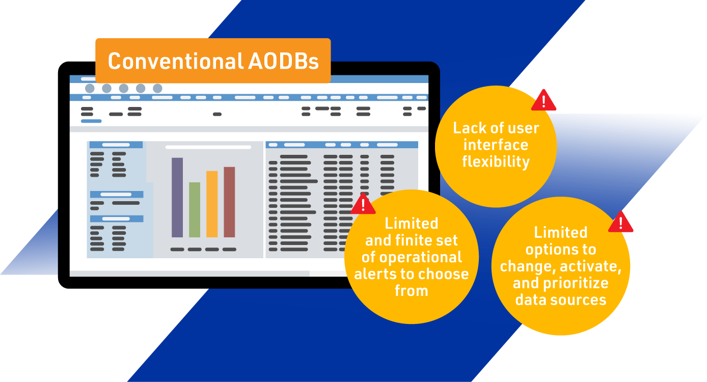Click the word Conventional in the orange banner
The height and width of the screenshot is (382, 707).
(x=176, y=61)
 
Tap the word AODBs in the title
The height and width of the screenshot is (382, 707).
(x=283, y=61)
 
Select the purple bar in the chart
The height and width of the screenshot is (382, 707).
(x=177, y=197)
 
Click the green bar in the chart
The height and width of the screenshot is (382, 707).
(x=195, y=210)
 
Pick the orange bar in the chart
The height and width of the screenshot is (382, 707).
(x=212, y=204)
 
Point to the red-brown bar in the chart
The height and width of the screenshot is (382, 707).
(x=229, y=202)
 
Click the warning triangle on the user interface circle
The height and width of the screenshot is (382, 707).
(x=543, y=100)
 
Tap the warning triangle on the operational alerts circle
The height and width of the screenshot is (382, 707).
(x=363, y=204)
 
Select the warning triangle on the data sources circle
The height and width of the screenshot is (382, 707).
(x=620, y=222)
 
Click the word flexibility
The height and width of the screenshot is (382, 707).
(x=496, y=162)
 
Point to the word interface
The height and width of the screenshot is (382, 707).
(x=496, y=145)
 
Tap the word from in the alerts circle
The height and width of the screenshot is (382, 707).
(x=412, y=290)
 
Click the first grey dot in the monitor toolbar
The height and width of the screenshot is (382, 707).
(x=90, y=89)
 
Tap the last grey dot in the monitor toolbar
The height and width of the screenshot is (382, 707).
(x=157, y=89)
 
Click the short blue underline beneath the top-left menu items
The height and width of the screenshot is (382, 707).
(x=91, y=121)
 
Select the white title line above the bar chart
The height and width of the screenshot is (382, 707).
(x=208, y=147)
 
